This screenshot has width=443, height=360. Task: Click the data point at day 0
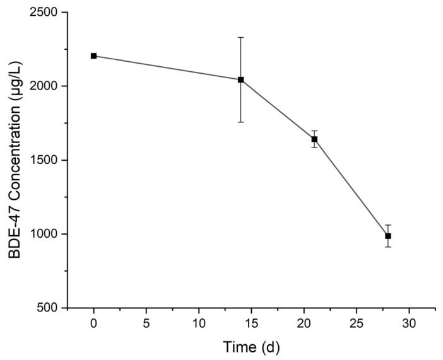(x=93, y=56)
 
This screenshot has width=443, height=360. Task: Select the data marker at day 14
(x=241, y=79)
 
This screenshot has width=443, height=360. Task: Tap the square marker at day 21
(x=314, y=139)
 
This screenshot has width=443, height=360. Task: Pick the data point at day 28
(x=388, y=236)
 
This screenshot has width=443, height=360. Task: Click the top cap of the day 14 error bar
(x=241, y=37)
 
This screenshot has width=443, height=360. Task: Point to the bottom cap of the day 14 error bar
(x=241, y=122)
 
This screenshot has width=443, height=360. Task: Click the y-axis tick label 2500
(x=44, y=13)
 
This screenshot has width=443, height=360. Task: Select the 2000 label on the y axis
(x=44, y=86)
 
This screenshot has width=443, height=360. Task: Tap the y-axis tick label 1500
(x=44, y=160)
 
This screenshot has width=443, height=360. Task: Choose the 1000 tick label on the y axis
(x=44, y=234)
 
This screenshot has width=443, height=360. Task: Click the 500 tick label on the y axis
(x=48, y=308)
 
